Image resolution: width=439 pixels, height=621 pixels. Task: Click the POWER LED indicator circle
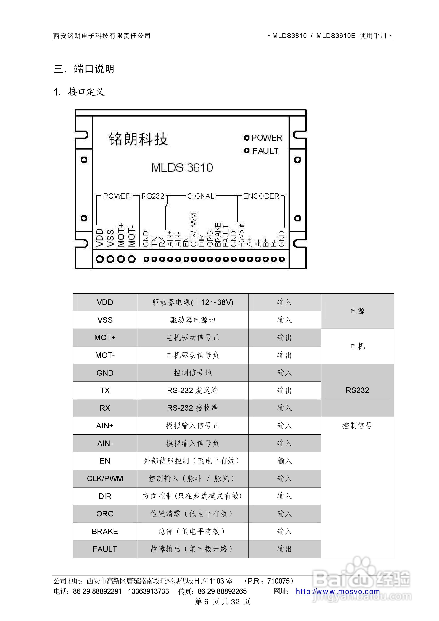point(246,138)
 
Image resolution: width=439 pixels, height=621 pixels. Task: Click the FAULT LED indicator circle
point(246,150)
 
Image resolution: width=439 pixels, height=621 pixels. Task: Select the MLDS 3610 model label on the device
point(182,168)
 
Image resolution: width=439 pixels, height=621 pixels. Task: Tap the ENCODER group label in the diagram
point(261,196)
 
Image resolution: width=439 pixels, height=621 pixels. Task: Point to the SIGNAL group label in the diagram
point(201,196)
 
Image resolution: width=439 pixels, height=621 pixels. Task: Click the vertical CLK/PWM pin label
point(194,230)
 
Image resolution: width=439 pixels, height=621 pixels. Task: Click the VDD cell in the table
point(105,302)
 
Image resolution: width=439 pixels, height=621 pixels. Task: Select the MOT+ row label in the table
point(105,338)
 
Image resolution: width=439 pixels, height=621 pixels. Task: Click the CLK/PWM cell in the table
point(105,478)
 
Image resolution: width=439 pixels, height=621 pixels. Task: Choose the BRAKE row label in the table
point(105,531)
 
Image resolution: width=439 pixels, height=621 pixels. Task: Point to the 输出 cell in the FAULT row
point(284,549)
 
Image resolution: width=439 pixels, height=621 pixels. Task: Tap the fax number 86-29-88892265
point(222,591)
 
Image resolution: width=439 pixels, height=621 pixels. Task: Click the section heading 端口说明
point(94,69)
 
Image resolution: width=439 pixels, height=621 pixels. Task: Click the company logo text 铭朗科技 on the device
point(138,139)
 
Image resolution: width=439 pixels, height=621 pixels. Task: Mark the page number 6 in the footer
point(206,601)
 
